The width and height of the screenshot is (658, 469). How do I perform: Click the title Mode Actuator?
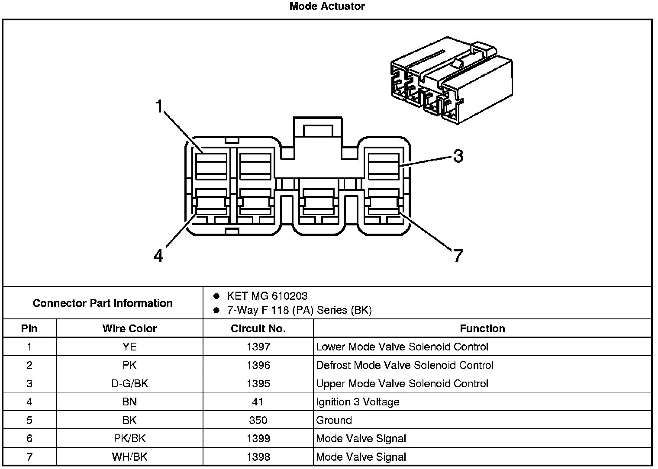pyautogui.click(x=327, y=6)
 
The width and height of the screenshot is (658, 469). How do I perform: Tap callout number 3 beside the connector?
pyautogui.click(x=458, y=156)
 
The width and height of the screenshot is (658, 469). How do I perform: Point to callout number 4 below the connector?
pyautogui.click(x=158, y=256)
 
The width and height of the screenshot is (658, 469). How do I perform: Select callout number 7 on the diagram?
pyautogui.click(x=458, y=256)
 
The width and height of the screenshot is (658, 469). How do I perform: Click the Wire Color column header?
pyautogui.click(x=129, y=328)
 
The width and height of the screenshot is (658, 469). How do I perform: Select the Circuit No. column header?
pyautogui.click(x=258, y=328)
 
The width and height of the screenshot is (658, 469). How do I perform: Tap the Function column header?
pyautogui.click(x=482, y=328)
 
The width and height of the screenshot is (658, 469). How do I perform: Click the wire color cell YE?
pyautogui.click(x=129, y=347)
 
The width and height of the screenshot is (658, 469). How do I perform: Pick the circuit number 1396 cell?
pyautogui.click(x=258, y=365)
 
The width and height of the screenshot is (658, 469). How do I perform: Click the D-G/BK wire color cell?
pyautogui.click(x=129, y=384)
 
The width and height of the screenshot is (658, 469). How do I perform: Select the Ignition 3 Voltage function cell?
pyautogui.click(x=358, y=402)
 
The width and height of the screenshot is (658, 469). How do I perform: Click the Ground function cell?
pyautogui.click(x=334, y=420)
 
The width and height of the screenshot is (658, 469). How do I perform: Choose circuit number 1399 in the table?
pyautogui.click(x=258, y=439)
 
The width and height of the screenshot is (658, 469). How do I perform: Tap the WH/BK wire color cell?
pyautogui.click(x=129, y=457)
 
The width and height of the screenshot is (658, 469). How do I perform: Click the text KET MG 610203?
pyautogui.click(x=267, y=296)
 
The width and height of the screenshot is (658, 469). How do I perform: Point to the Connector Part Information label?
pyautogui.click(x=103, y=303)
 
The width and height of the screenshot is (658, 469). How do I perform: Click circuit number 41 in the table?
pyautogui.click(x=258, y=402)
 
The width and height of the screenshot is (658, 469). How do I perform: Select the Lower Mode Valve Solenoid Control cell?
pyautogui.click(x=402, y=347)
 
